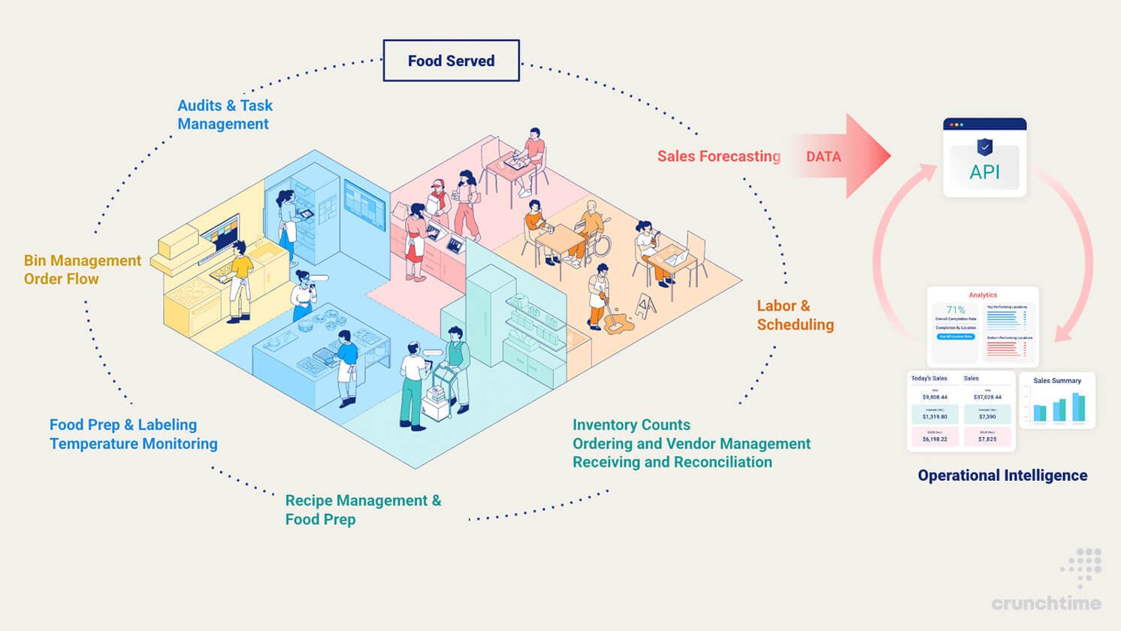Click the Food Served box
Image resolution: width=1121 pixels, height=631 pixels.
tap(451, 61)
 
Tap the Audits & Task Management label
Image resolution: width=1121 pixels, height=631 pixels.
tap(225, 115)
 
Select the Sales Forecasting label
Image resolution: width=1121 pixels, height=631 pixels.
tap(718, 156)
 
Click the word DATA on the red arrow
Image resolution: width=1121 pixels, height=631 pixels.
tap(823, 156)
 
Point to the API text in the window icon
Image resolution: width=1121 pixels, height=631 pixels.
tap(984, 172)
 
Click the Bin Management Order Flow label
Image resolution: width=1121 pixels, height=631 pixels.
tap(82, 270)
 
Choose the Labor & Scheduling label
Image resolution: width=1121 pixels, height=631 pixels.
tap(795, 315)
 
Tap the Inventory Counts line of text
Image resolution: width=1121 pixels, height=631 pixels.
tap(631, 425)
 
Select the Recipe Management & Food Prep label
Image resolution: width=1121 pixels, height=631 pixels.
tap(363, 510)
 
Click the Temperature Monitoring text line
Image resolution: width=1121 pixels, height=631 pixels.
tap(133, 444)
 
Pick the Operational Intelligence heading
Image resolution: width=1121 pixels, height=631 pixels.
tap(1002, 476)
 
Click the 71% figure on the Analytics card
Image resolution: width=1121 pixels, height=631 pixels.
tap(956, 309)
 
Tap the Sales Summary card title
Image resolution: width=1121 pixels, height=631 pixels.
tap(1056, 381)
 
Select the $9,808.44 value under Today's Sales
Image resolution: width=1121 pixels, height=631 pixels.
tap(935, 397)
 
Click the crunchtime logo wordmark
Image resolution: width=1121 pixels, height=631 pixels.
tap(1046, 602)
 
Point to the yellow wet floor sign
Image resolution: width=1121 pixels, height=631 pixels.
tap(646, 305)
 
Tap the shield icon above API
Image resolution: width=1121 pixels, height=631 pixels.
tap(984, 146)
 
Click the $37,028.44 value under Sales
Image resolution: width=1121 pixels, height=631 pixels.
tap(987, 397)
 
